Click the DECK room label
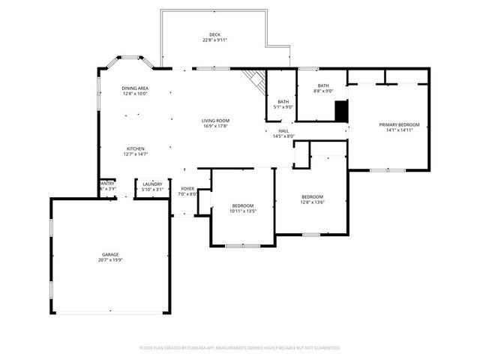[214, 34]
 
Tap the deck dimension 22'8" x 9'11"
[214, 40]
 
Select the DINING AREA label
[135, 88]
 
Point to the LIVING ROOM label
[215, 120]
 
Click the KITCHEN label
[135, 148]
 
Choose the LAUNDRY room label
[152, 184]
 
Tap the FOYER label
[187, 189]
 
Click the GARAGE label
[110, 254]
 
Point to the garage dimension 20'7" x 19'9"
[110, 260]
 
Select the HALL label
[283, 130]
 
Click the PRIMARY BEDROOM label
[399, 124]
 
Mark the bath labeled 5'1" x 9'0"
[283, 103]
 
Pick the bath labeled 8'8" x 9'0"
[323, 88]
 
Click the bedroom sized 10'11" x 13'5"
[242, 208]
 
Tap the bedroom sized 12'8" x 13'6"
[312, 199]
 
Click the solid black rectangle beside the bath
[341, 110]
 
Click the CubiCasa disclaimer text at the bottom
[240, 348]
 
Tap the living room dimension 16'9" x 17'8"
[215, 126]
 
